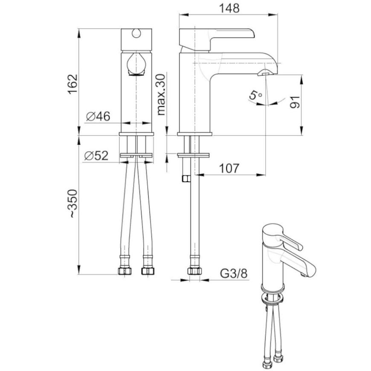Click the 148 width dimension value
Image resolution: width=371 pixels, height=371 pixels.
click(229, 8)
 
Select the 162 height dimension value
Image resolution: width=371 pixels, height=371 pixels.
click(72, 84)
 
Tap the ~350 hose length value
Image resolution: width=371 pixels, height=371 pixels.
click(72, 203)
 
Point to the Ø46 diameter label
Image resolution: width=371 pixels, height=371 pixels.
click(98, 116)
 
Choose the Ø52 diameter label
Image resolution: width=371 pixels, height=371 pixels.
click(96, 156)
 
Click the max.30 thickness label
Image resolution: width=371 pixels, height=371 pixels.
click(161, 94)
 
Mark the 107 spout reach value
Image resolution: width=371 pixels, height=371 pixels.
click(229, 168)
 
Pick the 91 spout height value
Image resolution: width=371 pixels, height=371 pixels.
click(295, 102)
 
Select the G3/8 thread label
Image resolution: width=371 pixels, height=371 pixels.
click(234, 273)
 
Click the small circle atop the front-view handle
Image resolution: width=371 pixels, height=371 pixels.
click(136, 33)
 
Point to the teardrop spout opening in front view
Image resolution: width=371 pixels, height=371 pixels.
click(136, 64)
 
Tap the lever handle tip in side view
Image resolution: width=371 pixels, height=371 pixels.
click(252, 33)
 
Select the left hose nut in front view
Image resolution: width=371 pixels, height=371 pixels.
click(125, 271)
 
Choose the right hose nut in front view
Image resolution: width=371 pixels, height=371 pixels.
click(148, 271)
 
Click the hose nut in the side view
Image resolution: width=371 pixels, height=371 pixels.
click(195, 271)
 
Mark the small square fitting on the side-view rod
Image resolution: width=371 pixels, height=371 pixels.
click(186, 179)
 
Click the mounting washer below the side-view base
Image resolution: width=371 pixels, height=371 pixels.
click(193, 155)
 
